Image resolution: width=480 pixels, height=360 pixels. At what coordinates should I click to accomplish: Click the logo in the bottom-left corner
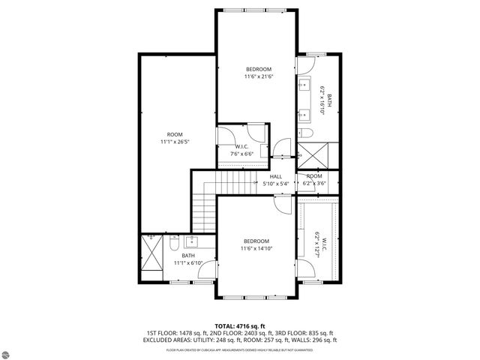[9, 351]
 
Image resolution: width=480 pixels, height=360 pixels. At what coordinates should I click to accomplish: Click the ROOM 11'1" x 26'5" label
[175, 138]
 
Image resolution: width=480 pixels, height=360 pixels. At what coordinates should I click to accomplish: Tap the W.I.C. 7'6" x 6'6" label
[242, 150]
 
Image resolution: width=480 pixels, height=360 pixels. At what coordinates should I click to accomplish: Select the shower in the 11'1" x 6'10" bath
[151, 256]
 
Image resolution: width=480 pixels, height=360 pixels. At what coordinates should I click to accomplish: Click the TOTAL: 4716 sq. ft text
[239, 326]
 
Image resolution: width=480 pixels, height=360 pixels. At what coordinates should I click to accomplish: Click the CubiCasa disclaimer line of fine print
[239, 349]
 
